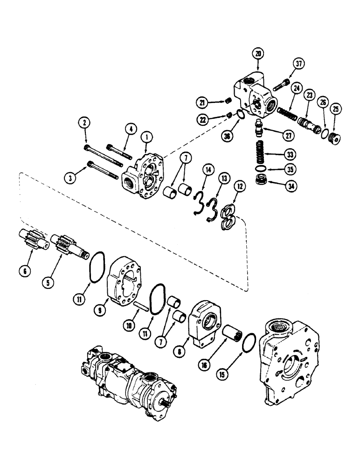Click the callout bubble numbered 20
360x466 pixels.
(258, 54)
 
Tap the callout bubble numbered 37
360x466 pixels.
(298, 64)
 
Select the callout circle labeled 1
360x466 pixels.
(148, 137)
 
